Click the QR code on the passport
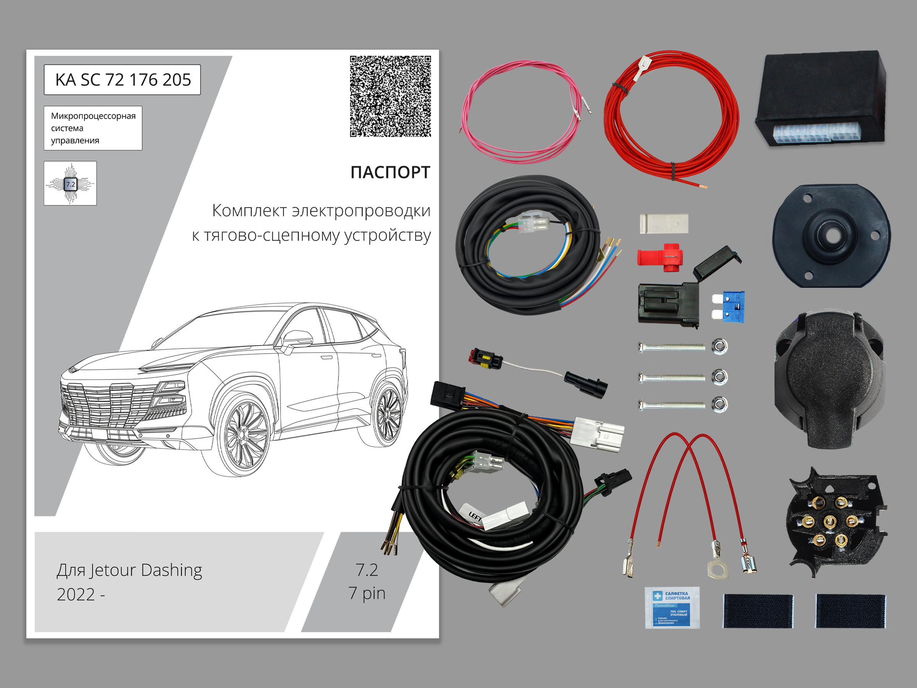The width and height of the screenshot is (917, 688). click(390, 96)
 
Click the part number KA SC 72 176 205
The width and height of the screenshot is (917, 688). click(123, 80)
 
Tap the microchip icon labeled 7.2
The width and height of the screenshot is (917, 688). click(70, 183)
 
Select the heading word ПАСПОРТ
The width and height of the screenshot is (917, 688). click(390, 172)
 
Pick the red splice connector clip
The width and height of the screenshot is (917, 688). click(660, 257)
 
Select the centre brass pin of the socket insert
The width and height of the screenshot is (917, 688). click(830, 521)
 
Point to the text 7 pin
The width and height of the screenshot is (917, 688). click(367, 593)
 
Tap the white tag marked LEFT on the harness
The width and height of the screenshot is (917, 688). click(474, 516)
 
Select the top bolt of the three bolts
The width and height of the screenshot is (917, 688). click(672, 346)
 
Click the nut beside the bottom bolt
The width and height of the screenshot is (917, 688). click(719, 404)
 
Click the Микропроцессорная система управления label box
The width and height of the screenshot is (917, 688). click(93, 128)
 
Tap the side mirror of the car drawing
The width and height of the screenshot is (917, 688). click(298, 338)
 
